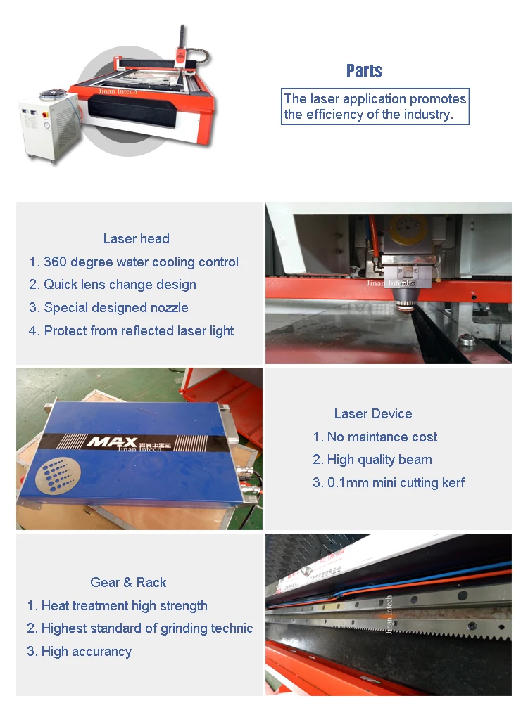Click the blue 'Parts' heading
[364, 71]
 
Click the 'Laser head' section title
[136, 239]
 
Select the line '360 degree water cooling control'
[134, 262]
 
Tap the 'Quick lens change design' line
[113, 285]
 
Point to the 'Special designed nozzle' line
[108, 308]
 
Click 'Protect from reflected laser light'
[131, 331]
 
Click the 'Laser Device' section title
[373, 414]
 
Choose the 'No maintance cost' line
[375, 437]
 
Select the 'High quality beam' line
[372, 460]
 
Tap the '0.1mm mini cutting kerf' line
[389, 483]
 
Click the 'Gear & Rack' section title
[128, 583]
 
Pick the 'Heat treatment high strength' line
[118, 606]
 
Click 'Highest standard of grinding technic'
[140, 628]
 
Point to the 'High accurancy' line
[80, 652]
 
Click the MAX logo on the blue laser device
[108, 442]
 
